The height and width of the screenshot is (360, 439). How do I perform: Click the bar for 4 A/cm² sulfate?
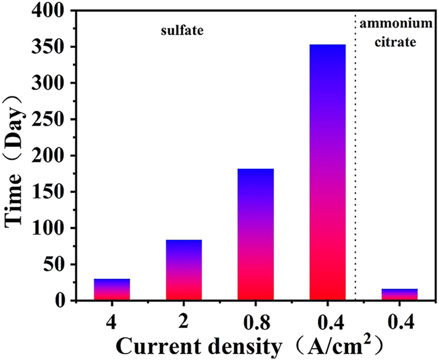112,289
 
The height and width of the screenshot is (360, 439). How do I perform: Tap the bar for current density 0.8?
256,234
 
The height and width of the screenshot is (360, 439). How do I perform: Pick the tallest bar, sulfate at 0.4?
328,173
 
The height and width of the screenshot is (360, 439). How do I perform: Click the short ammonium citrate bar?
400,294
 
